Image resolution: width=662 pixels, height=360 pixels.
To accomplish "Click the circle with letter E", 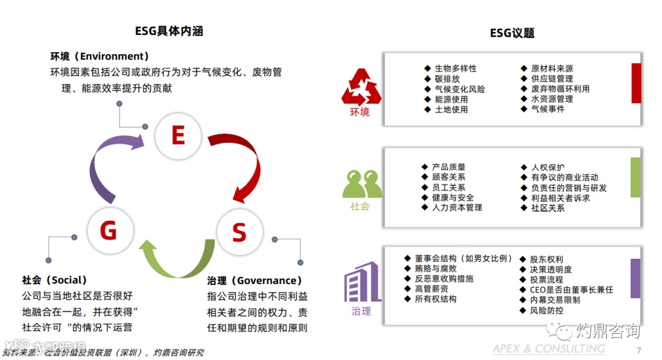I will [178, 135].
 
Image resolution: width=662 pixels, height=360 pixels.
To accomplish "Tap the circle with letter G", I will [108, 231].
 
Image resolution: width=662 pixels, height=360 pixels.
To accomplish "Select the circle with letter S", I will [238, 232].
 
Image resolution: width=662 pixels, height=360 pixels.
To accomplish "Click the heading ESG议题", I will [512, 33].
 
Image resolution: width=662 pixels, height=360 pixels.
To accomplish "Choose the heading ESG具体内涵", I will [169, 31].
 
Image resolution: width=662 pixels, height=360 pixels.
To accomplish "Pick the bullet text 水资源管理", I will [552, 99].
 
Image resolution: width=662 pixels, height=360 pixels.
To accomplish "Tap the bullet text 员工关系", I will [448, 188].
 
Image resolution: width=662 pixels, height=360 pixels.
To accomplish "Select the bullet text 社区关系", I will [547, 208].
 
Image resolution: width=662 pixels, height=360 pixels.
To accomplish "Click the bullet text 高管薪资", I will [431, 289].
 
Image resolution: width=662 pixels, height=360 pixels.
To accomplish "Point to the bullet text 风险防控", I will [546, 310].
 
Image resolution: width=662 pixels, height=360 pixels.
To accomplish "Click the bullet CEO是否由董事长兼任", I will [571, 289].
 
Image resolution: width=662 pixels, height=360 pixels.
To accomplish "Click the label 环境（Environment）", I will [100, 56].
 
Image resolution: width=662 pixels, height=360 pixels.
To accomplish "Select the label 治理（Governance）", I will [255, 280].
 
